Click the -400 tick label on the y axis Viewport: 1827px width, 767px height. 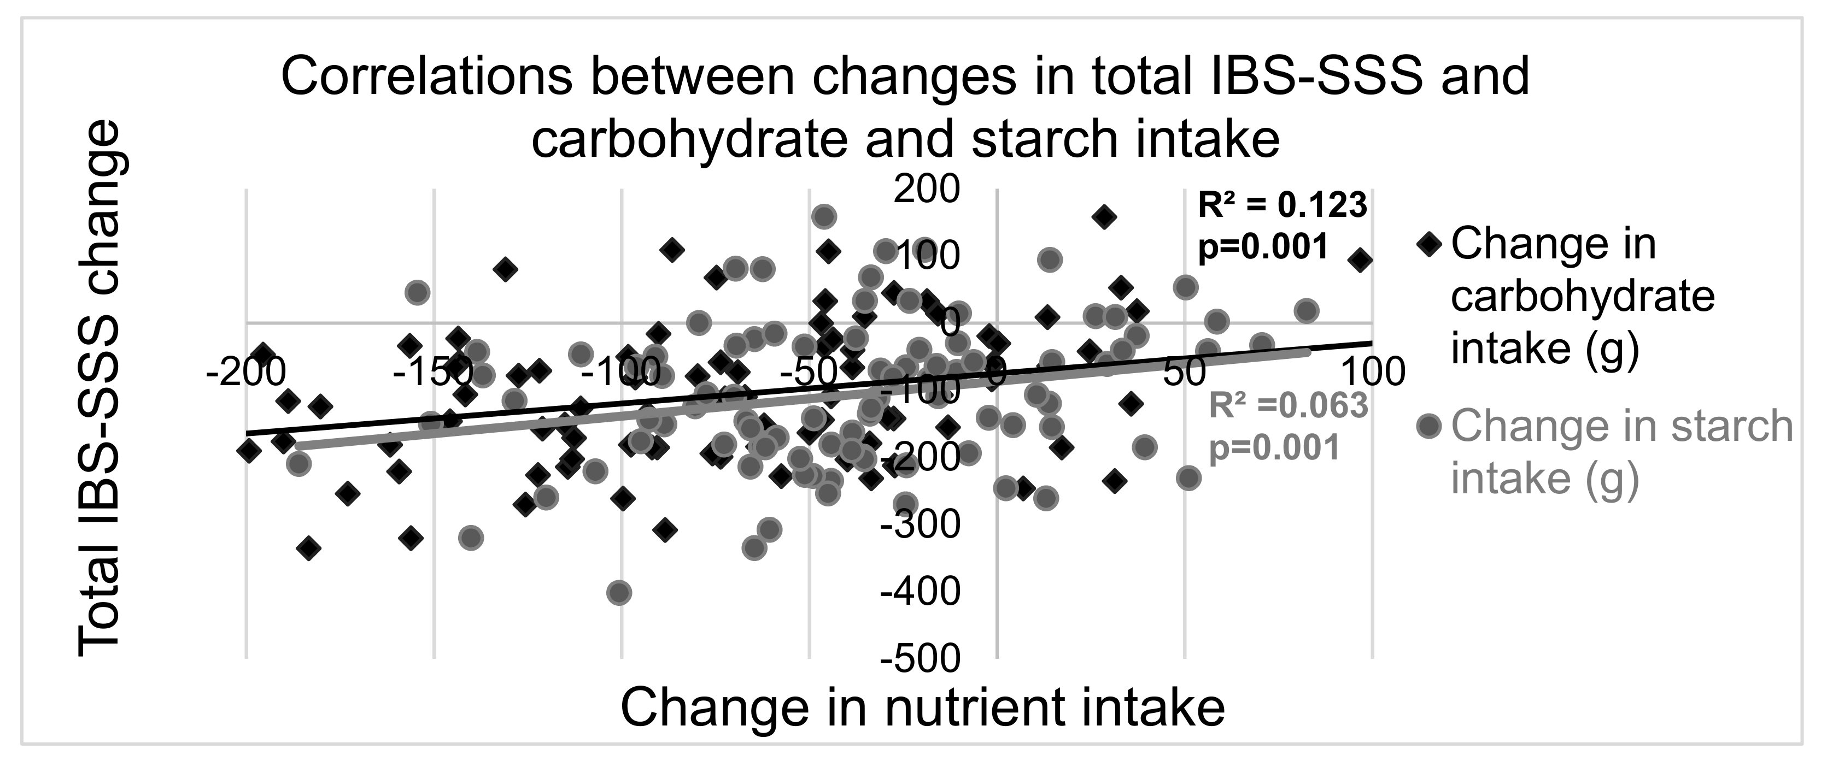[x=920, y=592]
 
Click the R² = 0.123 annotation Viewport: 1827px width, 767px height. [x=1283, y=205]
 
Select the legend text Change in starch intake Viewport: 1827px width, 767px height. [x=1620, y=452]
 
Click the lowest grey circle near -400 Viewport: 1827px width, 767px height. [x=619, y=592]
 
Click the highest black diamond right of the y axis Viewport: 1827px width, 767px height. [x=1104, y=217]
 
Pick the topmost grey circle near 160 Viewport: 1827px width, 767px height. [x=823, y=217]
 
